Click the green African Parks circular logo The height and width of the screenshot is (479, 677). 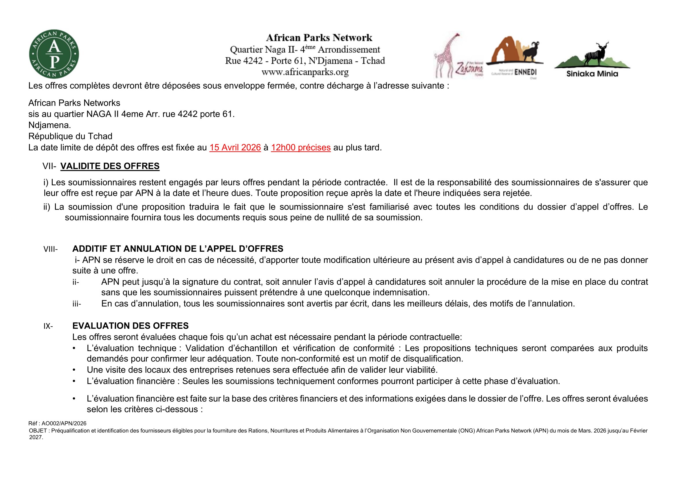pyautogui.click(x=54, y=54)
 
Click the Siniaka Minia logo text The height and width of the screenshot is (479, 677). pyautogui.click(x=592, y=74)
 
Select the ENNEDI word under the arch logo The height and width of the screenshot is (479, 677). pyautogui.click(x=525, y=72)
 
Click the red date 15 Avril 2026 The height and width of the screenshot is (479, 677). pyautogui.click(x=235, y=147)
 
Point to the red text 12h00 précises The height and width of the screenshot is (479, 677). pyautogui.click(x=301, y=147)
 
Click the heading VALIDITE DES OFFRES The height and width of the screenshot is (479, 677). pyautogui.click(x=110, y=166)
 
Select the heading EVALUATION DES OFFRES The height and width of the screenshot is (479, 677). pyautogui.click(x=130, y=326)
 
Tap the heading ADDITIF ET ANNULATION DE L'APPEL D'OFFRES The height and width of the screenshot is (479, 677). pyautogui.click(x=177, y=249)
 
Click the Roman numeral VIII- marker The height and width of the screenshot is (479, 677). pyautogui.click(x=50, y=249)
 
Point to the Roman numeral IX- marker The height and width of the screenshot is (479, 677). pyautogui.click(x=48, y=326)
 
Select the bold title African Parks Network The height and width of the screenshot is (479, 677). pyautogui.click(x=319, y=38)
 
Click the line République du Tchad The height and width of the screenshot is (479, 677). pyautogui.click(x=70, y=136)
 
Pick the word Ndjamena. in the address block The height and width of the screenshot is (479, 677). pyautogui.click(x=49, y=125)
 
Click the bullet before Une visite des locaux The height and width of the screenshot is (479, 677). pyautogui.click(x=74, y=370)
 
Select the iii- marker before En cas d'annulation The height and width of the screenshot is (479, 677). pyautogui.click(x=76, y=304)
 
